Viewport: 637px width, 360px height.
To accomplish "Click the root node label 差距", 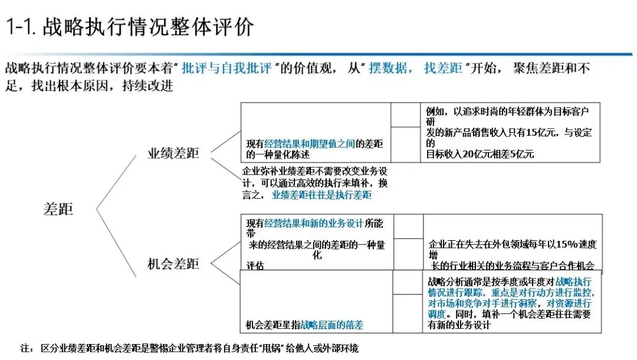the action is (x=58, y=209).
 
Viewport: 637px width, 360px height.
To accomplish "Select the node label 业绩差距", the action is (x=173, y=153).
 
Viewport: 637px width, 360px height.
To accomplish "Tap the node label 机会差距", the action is (x=173, y=264).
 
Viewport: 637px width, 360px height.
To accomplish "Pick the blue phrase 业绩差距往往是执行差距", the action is (x=321, y=194).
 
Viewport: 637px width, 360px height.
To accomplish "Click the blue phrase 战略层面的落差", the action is (x=331, y=325).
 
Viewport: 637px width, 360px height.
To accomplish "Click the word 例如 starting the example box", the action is (x=435, y=111).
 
